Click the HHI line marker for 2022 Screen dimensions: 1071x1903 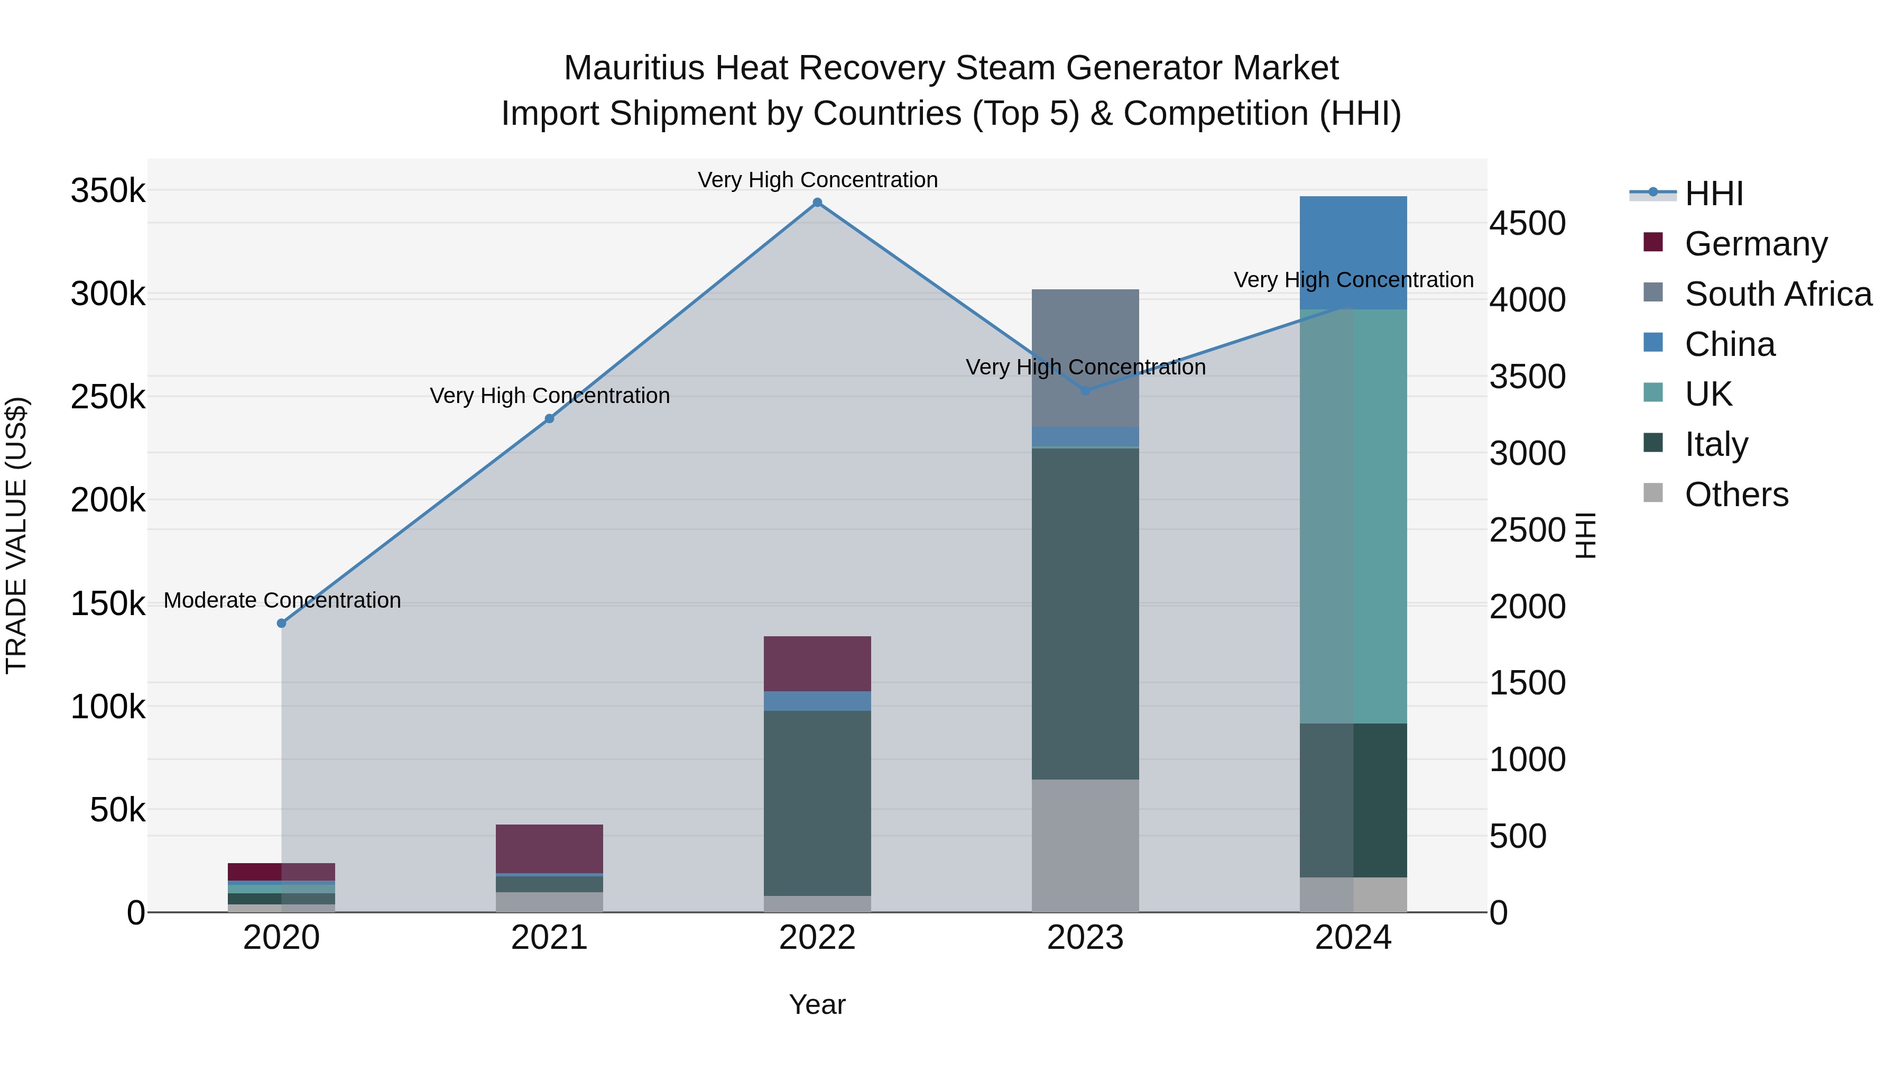[817, 203]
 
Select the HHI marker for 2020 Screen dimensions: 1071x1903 [281, 623]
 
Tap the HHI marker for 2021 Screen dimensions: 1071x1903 [549, 418]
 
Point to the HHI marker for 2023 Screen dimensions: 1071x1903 [1085, 390]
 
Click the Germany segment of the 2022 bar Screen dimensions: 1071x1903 [817, 663]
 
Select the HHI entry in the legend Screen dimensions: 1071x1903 [1713, 194]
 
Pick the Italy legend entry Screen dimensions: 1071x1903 [1715, 444]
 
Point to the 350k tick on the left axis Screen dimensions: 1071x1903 [108, 191]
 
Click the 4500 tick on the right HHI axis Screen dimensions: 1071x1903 [1526, 223]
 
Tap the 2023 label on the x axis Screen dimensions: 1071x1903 [1085, 938]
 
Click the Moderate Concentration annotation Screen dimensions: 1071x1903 [282, 600]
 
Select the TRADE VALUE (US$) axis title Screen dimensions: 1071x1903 [16, 535]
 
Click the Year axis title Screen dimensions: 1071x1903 [817, 1004]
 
